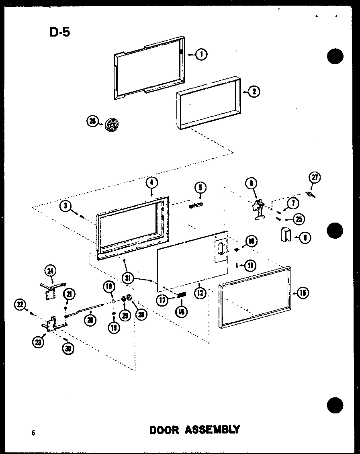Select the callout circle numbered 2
click(x=254, y=92)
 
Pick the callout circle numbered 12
click(x=200, y=293)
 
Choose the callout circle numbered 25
click(x=298, y=219)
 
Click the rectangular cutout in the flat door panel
click(x=220, y=249)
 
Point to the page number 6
click(x=33, y=432)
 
